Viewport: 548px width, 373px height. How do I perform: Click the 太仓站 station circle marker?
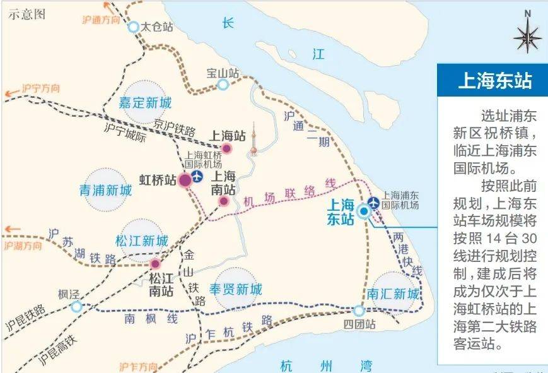(x=133, y=27)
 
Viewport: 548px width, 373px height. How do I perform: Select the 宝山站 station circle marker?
(x=223, y=85)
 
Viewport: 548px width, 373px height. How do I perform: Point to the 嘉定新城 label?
(x=145, y=102)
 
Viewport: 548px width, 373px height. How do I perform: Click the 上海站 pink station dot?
(x=228, y=148)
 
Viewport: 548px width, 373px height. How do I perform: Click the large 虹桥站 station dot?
(x=185, y=181)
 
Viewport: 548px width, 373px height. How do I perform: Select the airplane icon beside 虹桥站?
(x=197, y=177)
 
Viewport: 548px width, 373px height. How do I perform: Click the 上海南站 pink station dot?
(x=224, y=201)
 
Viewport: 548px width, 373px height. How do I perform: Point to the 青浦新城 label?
(x=106, y=191)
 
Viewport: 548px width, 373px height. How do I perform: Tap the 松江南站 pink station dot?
(x=155, y=264)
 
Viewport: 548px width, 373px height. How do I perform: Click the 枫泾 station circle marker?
(x=76, y=307)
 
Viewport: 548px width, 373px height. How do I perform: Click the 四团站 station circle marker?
(x=358, y=311)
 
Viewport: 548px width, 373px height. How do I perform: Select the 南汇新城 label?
(x=392, y=295)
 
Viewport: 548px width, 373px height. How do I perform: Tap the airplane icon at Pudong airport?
(x=373, y=202)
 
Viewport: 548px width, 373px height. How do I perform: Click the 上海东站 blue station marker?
(x=364, y=211)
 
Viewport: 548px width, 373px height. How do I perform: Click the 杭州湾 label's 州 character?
(x=325, y=365)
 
